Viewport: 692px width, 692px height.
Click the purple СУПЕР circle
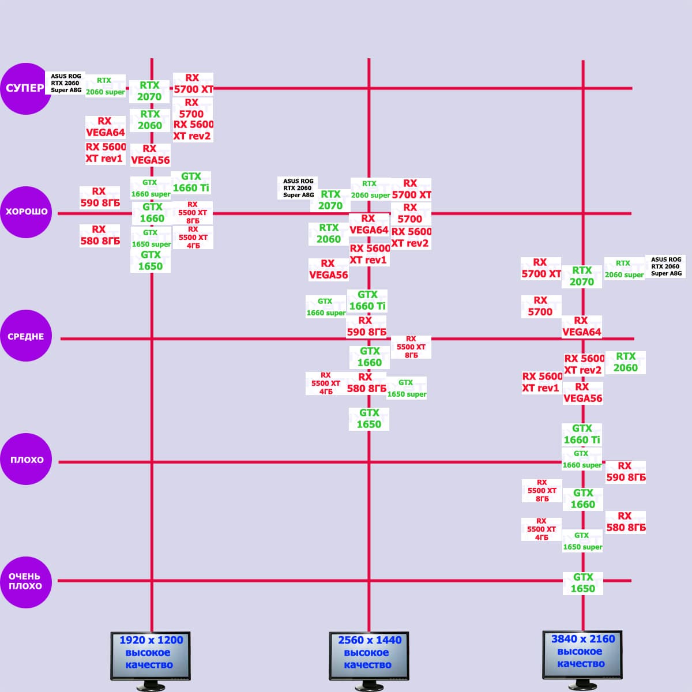coord(25,88)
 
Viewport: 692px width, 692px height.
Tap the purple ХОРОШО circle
coord(26,212)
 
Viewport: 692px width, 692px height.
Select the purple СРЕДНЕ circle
coord(26,336)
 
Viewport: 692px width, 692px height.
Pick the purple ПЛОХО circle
coord(26,460)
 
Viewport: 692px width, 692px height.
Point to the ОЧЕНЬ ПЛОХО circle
coord(26,581)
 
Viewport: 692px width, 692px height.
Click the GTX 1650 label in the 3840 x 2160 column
coord(582,583)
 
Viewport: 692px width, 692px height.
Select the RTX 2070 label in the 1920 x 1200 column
coord(149,91)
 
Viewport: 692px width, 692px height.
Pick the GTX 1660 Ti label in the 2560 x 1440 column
coord(367,300)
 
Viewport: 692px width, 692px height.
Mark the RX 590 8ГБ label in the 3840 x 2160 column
coord(626,472)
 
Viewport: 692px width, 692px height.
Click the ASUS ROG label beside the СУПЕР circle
coord(66,83)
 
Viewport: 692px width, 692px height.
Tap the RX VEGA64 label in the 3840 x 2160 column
coord(581,326)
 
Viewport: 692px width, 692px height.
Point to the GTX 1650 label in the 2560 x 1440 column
coord(369,419)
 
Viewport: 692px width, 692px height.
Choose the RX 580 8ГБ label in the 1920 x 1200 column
coord(100,235)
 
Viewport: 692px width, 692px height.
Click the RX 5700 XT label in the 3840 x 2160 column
coord(541,268)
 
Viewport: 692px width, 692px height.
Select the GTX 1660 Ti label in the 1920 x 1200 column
coord(191,182)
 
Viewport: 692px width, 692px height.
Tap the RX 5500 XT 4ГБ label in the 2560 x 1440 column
coord(326,383)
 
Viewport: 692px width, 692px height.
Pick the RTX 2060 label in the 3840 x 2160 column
coord(626,362)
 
